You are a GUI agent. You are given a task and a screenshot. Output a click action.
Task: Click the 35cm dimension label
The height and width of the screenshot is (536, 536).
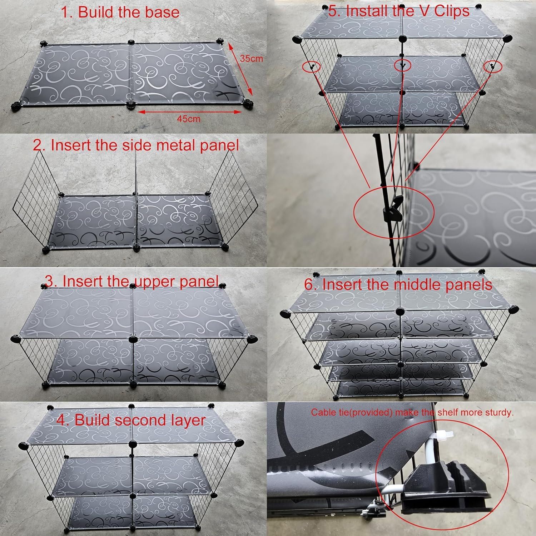click(x=251, y=58)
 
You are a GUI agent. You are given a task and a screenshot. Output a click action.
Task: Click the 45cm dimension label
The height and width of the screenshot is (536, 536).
click(x=189, y=119)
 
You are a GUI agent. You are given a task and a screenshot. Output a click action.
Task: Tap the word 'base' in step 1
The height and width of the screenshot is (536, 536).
click(x=163, y=12)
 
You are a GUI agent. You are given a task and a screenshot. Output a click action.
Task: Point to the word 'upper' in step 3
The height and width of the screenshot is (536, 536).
click(x=155, y=282)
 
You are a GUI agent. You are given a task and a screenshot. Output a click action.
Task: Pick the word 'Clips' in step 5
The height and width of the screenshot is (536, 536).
click(x=452, y=11)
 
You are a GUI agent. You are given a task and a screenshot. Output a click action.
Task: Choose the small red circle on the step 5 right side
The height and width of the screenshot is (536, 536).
click(x=493, y=66)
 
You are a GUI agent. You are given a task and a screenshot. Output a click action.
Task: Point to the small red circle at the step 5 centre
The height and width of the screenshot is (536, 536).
click(x=402, y=65)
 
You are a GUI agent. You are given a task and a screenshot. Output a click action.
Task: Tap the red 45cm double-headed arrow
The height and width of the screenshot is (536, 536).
click(x=190, y=112)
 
